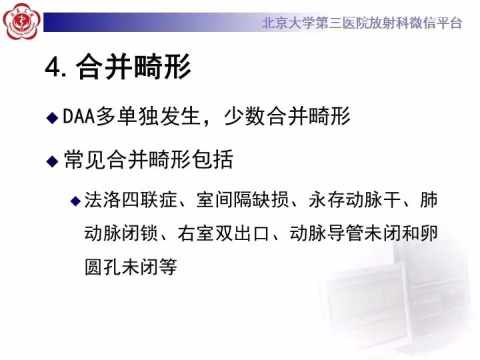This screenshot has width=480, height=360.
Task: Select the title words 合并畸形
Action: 134,68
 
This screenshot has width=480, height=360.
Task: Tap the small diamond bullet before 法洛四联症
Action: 75,201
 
